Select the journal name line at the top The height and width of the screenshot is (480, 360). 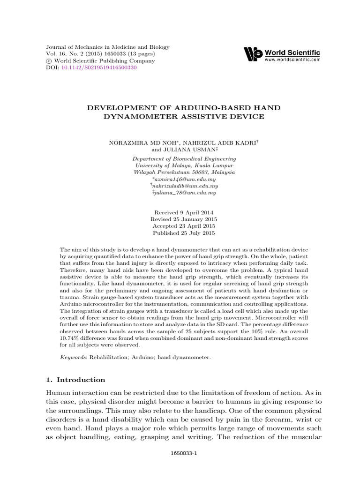pyautogui.click(x=107, y=48)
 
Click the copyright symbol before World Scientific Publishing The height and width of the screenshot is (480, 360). pyautogui.click(x=48, y=61)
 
